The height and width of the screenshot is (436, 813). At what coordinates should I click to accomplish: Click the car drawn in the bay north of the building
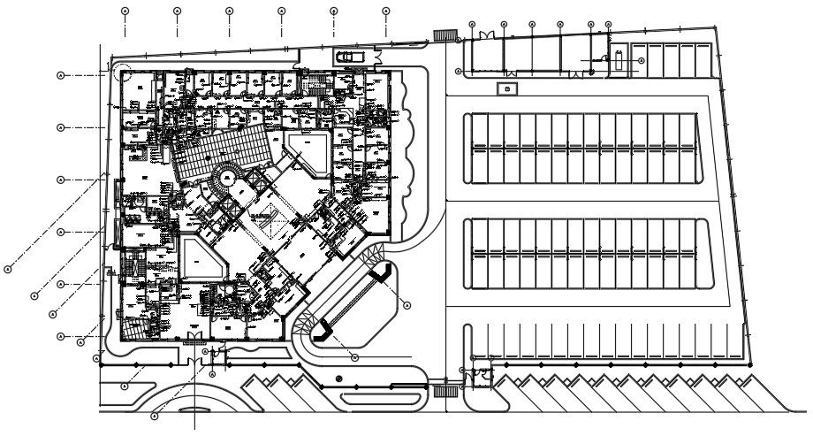click(x=346, y=57)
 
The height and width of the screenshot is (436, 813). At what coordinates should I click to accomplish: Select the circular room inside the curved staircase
click(x=227, y=179)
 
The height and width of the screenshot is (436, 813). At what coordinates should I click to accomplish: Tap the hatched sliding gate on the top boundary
click(x=444, y=35)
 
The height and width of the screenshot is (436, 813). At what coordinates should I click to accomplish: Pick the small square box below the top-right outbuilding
click(x=506, y=88)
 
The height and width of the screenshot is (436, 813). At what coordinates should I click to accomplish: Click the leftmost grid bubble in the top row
click(x=125, y=11)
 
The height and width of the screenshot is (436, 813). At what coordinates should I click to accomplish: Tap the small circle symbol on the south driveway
click(x=339, y=379)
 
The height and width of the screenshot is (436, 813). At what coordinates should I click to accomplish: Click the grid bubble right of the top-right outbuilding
click(x=641, y=60)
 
